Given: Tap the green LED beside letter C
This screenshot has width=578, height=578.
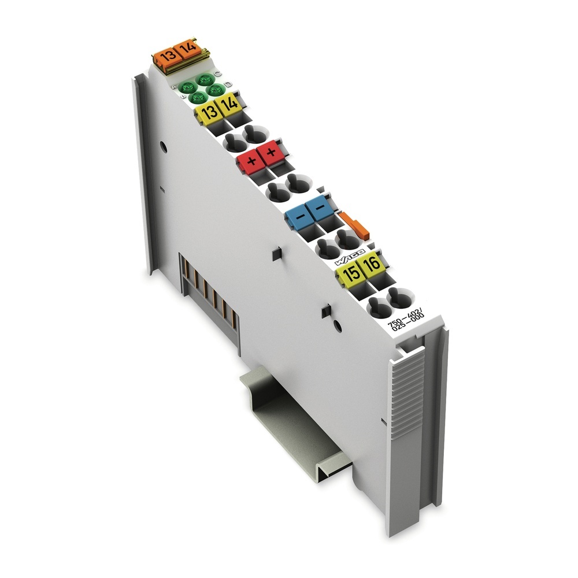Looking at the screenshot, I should click(x=204, y=80).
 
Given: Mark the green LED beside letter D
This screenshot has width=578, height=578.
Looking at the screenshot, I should click(x=217, y=90).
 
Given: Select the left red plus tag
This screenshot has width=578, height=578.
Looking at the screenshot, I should click(x=250, y=161).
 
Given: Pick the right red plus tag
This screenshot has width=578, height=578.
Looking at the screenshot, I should click(x=269, y=153).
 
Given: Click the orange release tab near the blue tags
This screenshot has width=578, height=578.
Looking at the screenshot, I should click(x=355, y=224).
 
